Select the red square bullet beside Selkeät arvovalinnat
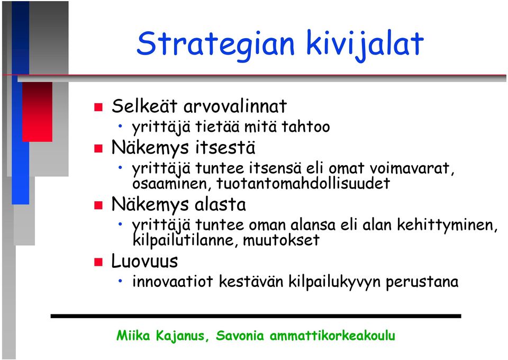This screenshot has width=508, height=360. [98, 107]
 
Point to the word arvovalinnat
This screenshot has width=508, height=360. [235, 106]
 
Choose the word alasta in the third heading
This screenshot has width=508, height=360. [220, 205]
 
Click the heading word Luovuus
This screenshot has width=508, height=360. [145, 261]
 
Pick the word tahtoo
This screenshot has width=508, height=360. [305, 127]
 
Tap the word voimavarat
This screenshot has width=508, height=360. [412, 168]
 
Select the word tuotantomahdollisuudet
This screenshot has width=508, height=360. [303, 183]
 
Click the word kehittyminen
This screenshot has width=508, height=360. [447, 225]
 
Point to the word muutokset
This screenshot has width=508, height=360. [281, 240]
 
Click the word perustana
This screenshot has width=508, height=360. [422, 282]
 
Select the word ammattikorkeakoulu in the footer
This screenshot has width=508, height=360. [332, 336]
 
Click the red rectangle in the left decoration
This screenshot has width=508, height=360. [37, 112]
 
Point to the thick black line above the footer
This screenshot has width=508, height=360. [256, 316]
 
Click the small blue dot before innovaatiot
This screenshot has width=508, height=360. [120, 281]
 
